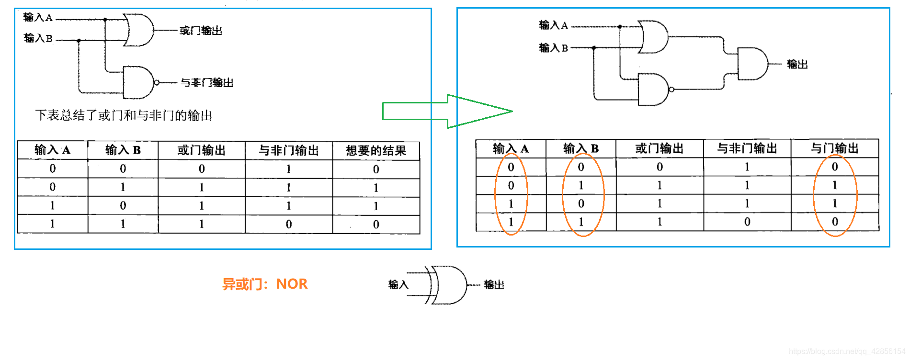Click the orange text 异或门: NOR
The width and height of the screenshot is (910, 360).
265,284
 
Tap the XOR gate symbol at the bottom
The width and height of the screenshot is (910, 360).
447,285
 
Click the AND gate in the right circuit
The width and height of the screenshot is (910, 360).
752,64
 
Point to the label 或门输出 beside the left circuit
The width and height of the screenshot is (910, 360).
201,31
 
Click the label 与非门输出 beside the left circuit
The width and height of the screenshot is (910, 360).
207,83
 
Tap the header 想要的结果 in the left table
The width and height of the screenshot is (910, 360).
376,151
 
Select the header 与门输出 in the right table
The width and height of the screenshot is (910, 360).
835,149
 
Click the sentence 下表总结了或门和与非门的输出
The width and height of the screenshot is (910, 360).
124,115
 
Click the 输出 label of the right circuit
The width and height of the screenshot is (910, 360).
797,64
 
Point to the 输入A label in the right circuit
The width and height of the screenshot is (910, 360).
553,25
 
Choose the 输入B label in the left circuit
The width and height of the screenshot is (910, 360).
38,38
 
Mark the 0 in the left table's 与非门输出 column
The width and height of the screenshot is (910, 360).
289,224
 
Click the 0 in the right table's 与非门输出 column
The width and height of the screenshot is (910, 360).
747,222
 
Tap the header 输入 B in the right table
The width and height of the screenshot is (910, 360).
581,149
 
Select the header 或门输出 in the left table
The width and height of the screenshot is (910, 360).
202,151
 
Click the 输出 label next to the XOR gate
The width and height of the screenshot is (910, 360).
494,285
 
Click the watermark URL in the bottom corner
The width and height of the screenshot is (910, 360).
847,351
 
